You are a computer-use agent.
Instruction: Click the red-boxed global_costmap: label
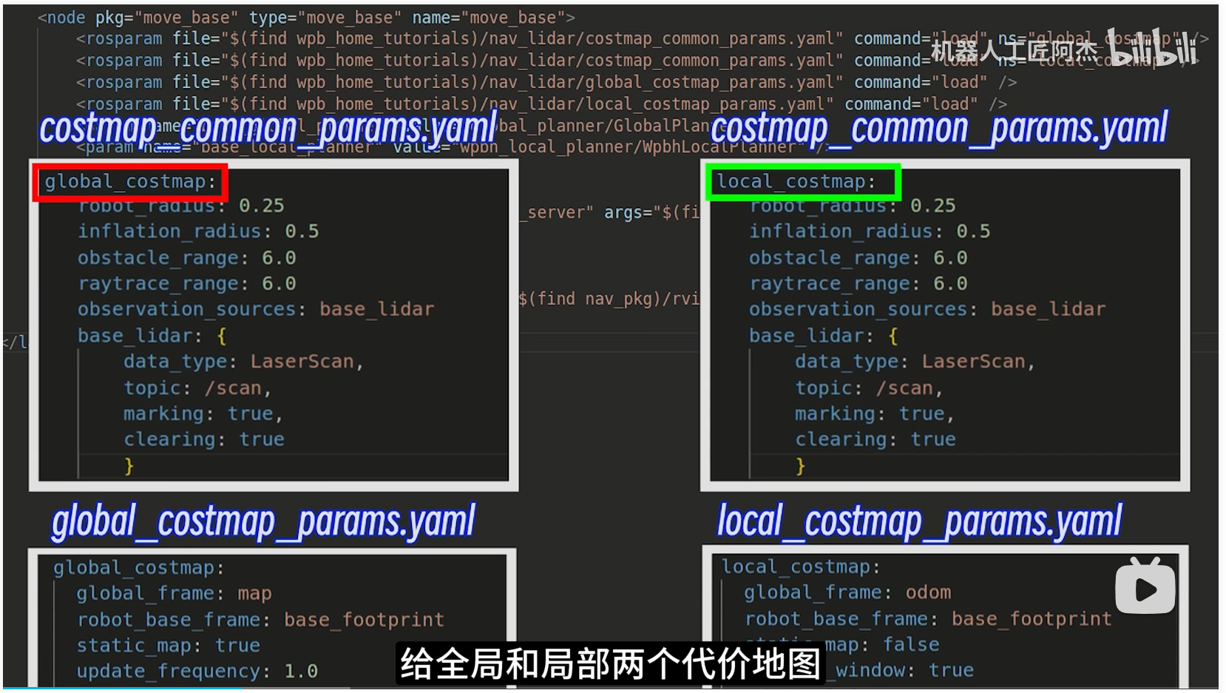[130, 182]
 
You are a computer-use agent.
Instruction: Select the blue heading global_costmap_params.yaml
[263, 522]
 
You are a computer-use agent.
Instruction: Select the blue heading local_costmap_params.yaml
[919, 522]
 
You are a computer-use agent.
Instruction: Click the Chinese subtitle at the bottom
[610, 663]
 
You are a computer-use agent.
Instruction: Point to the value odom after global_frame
[928, 592]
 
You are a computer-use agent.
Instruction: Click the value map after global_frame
[254, 594]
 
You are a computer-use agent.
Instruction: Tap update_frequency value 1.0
[301, 672]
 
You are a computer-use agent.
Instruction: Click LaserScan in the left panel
[302, 362]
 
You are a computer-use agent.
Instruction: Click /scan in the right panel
[905, 388]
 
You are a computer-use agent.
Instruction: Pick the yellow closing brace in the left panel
[129, 466]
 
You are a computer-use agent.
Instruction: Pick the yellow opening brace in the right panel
[893, 336]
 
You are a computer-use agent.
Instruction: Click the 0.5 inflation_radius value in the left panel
[302, 231]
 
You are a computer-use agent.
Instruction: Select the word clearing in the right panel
[841, 440]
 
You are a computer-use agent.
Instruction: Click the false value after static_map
[911, 645]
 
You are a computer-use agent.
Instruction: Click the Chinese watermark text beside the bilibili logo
[1014, 50]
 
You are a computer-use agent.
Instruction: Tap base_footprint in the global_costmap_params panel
[364, 620]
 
